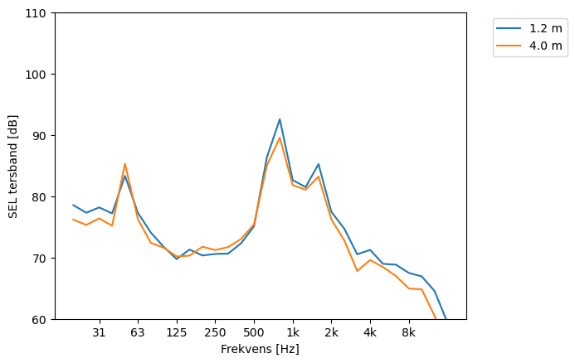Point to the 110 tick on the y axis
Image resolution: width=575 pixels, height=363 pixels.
click(x=38, y=13)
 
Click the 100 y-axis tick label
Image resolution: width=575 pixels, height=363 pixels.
click(x=38, y=75)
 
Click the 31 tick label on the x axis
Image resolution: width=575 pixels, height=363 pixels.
click(x=99, y=333)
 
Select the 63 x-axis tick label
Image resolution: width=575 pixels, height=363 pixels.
click(x=138, y=333)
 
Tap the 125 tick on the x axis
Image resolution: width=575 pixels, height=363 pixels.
click(x=177, y=333)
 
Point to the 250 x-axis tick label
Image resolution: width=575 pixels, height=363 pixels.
click(x=215, y=333)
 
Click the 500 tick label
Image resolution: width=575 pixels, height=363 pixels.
click(x=254, y=333)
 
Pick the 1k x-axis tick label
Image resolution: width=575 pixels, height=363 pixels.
click(x=293, y=333)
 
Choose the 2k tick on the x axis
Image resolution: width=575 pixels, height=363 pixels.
click(x=331, y=333)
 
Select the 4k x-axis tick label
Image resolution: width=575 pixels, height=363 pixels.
click(x=370, y=333)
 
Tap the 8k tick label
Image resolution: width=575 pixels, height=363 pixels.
click(x=409, y=333)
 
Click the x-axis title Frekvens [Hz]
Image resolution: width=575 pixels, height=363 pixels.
click(x=260, y=350)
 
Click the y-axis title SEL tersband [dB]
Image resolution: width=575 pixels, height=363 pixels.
click(x=13, y=166)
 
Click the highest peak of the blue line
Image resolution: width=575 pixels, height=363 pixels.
click(x=280, y=119)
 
